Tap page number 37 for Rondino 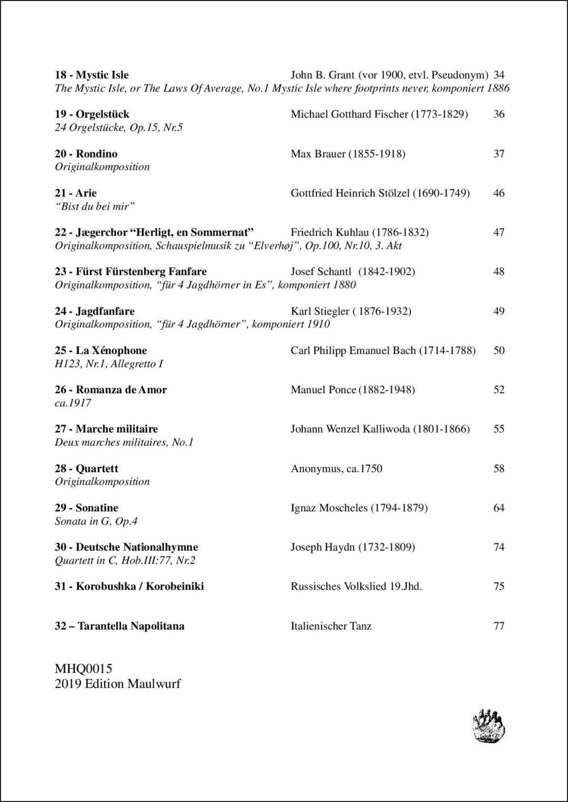498,154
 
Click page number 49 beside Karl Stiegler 498,311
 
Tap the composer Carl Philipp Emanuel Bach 383,350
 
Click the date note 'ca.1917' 73,403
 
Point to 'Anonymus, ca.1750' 336,469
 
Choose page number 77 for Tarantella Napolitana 498,626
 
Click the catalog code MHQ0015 84,669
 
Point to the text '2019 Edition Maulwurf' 118,684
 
